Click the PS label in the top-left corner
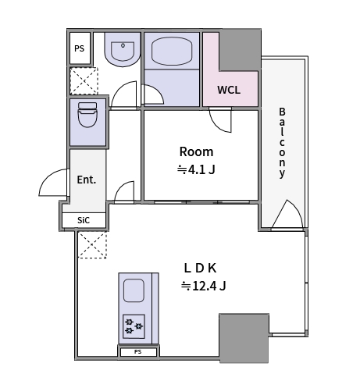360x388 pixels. point(80,48)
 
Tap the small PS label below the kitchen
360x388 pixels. point(138,352)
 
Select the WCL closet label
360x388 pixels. point(229,90)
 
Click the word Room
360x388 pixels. point(197,151)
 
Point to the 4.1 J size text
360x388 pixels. point(196,169)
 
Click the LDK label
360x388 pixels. point(200,268)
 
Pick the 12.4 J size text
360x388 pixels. point(204,286)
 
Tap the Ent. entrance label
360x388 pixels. point(87,180)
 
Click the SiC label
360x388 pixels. point(84,220)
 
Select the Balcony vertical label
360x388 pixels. point(282,143)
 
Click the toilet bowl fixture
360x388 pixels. point(87,115)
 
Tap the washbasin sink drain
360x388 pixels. point(123,45)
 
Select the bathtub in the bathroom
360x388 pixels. point(172,51)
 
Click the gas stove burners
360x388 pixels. point(134,326)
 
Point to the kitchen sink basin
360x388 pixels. point(134,290)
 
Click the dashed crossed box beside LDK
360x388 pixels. point(92,245)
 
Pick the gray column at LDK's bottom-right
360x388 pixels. point(244,338)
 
